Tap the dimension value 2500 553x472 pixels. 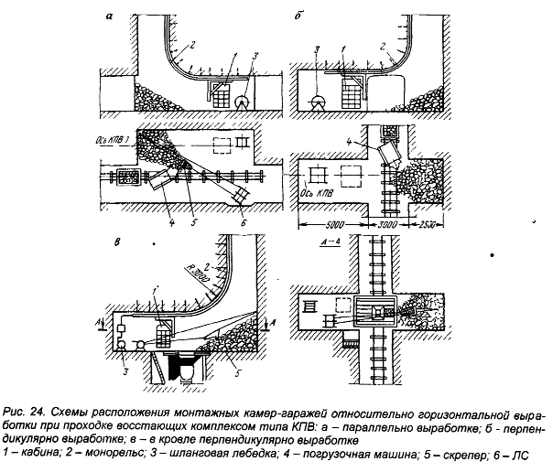click(x=428, y=223)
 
